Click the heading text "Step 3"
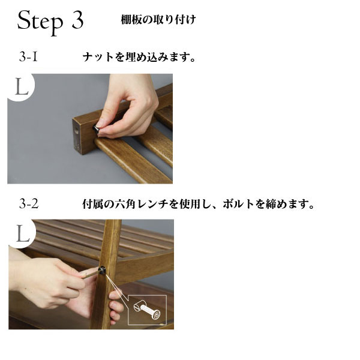pos(50,22)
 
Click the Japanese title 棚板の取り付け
pos(158,20)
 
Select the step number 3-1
pos(28,57)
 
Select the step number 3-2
pos(29,203)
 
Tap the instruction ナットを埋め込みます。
pos(139,57)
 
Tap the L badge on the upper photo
pos(22,87)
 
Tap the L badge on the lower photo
pos(23,233)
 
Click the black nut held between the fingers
pos(96,129)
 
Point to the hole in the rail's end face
pos(77,130)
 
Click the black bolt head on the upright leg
pos(102,269)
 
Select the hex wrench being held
pos(90,275)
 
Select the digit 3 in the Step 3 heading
pos(77,20)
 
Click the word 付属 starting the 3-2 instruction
pos(93,204)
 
